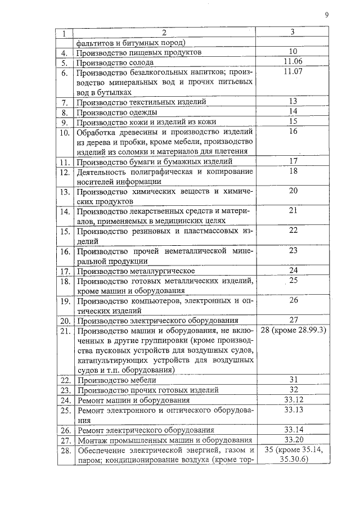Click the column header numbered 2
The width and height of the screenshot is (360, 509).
(164, 33)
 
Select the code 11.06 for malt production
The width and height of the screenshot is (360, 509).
(292, 62)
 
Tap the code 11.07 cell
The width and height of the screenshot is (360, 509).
(292, 72)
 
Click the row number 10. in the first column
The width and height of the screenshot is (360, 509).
(65, 132)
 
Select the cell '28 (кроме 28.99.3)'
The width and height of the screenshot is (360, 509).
(294, 330)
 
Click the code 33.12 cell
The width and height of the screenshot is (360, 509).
(293, 399)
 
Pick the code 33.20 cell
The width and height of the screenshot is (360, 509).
(293, 439)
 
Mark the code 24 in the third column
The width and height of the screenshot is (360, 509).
(293, 271)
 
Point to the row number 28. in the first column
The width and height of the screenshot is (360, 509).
(65, 451)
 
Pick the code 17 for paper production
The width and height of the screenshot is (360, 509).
(293, 161)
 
